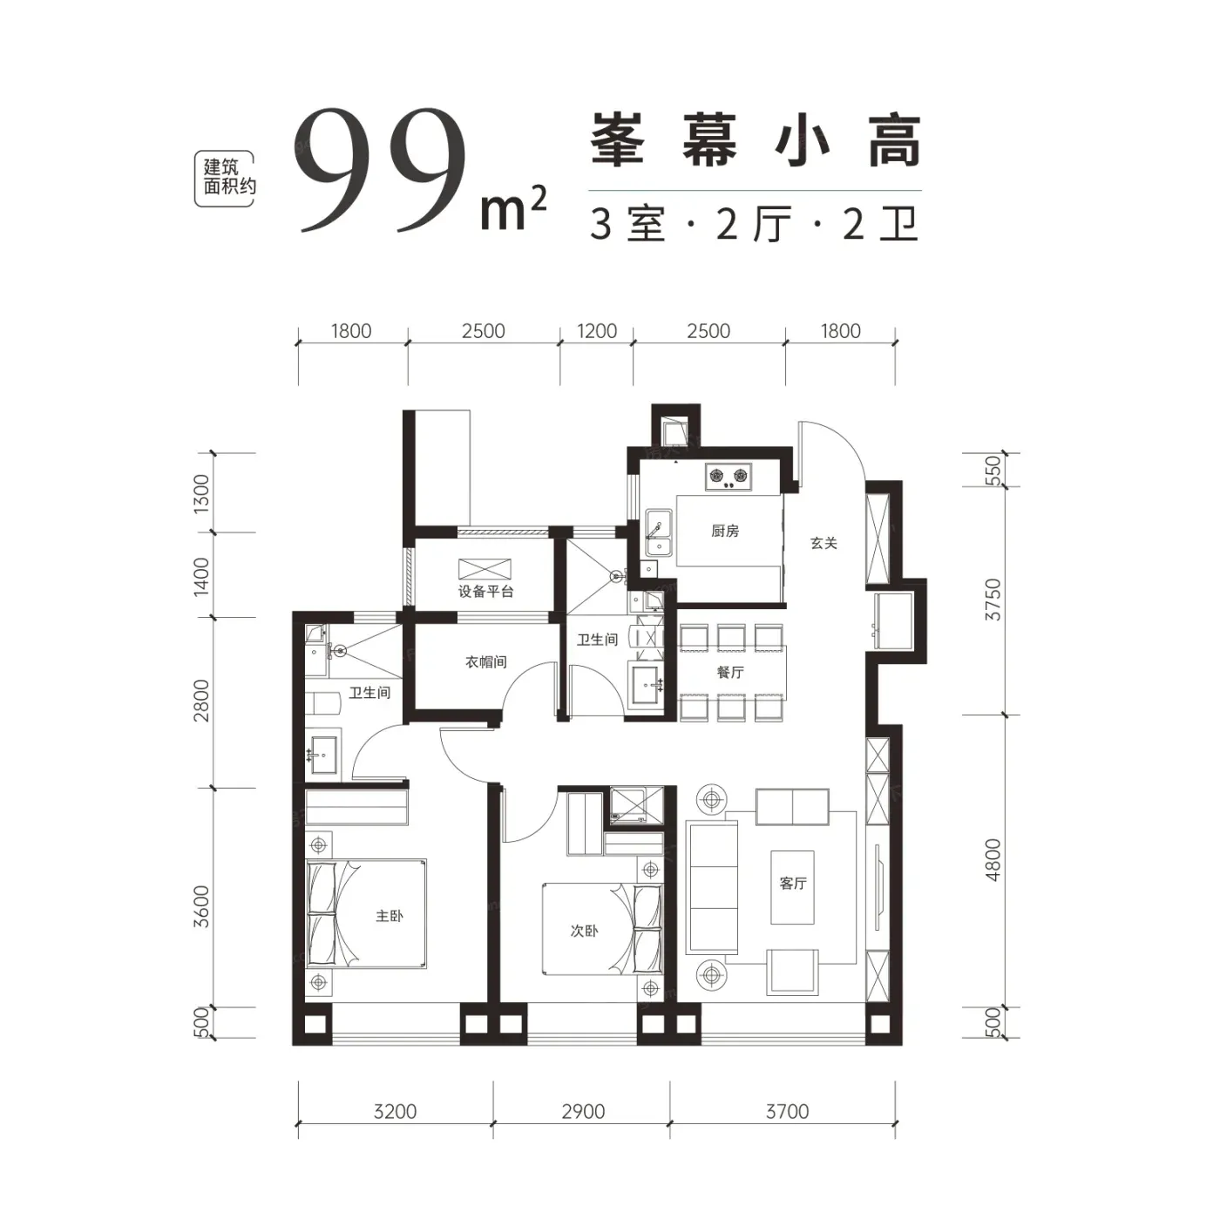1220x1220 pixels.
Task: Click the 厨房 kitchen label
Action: [x=725, y=531]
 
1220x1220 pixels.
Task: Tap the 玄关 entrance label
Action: [x=823, y=543]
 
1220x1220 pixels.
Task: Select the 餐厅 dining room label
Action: [x=730, y=672]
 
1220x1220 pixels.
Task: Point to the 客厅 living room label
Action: [x=793, y=883]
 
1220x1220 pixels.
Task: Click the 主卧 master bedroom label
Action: [x=390, y=916]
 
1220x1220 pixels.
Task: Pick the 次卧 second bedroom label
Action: [x=584, y=930]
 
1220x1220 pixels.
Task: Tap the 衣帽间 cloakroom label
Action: [x=486, y=662]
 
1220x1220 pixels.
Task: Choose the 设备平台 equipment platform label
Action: [x=485, y=592]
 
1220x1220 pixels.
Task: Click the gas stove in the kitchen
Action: [x=728, y=476]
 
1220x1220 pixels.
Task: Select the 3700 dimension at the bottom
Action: [x=787, y=1112]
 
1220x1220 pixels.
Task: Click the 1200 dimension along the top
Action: [x=597, y=331]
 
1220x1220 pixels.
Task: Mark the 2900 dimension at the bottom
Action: [x=583, y=1112]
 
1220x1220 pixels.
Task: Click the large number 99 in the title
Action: [x=381, y=170]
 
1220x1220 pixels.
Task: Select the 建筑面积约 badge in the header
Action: [x=224, y=179]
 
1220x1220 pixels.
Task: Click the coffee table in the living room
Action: [x=792, y=887]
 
